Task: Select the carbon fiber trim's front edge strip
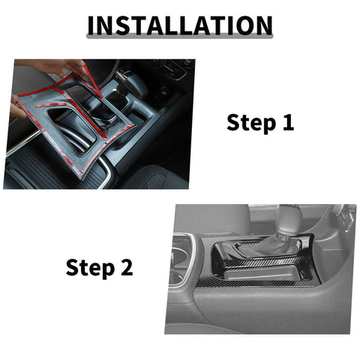click(262, 286)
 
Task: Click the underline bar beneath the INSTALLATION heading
click(179, 37)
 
